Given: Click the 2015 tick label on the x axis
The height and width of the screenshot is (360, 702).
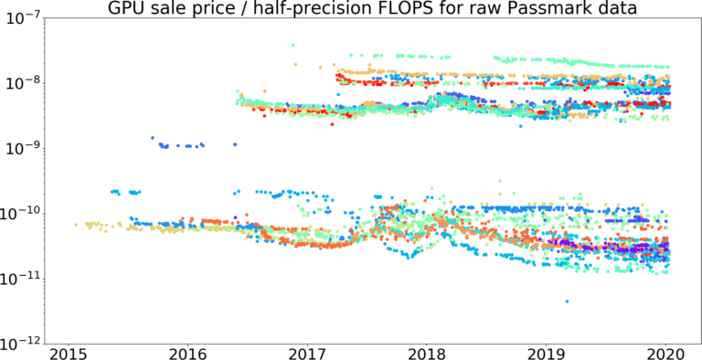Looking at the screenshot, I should point(69,353).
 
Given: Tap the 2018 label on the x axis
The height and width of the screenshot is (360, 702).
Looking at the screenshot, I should point(427,353).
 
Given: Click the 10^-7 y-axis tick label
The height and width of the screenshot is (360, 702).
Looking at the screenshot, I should point(26,17).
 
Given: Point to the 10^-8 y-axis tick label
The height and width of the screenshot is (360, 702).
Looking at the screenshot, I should point(26,83).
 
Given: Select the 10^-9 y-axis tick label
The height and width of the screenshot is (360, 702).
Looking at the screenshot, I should point(26,148).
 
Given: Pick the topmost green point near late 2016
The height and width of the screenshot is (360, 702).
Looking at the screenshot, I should point(292,45).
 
